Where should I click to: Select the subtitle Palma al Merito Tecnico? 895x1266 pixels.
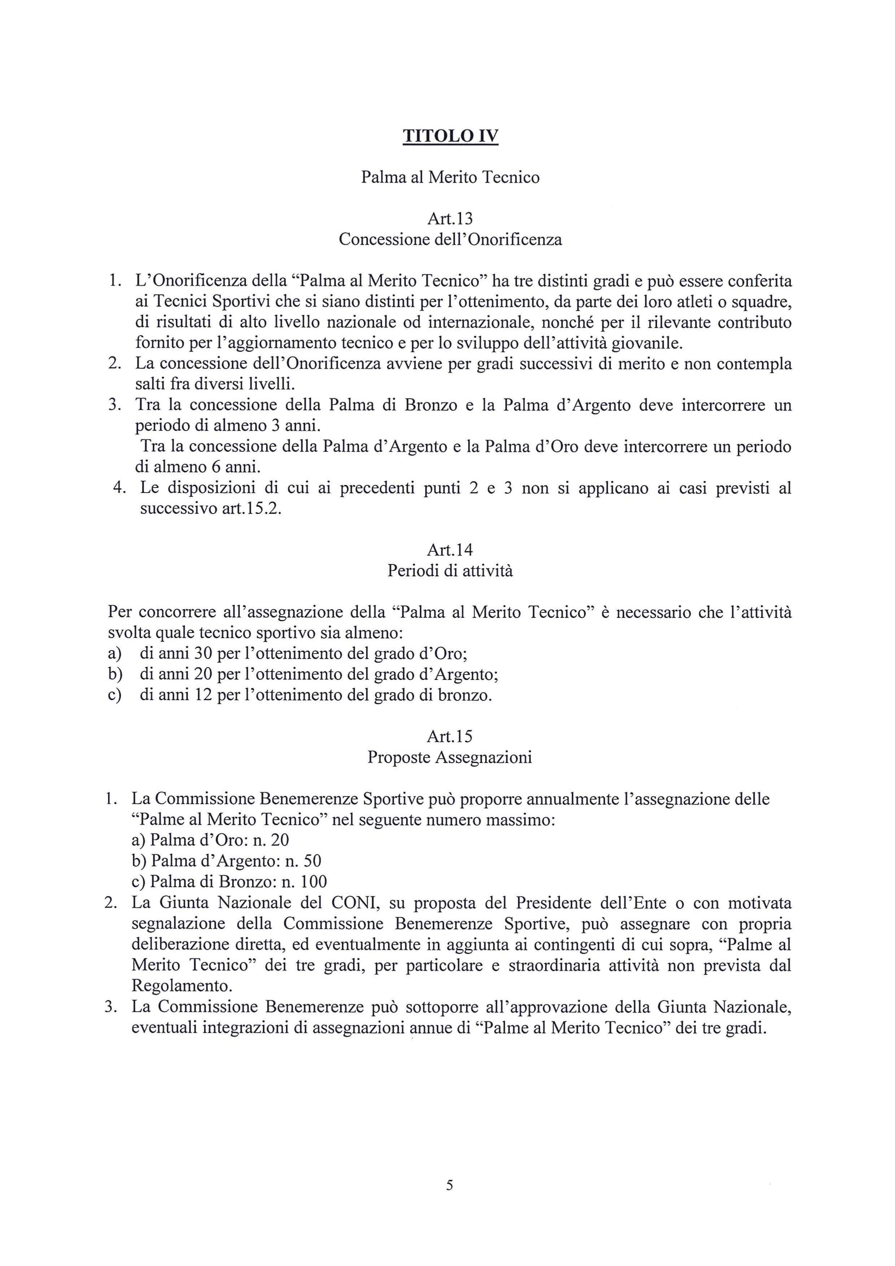click(450, 178)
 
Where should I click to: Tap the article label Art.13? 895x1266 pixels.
click(450, 219)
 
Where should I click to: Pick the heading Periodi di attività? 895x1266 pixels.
click(450, 571)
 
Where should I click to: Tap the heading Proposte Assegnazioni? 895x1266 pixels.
click(450, 757)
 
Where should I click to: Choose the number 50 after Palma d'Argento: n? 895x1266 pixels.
click(312, 861)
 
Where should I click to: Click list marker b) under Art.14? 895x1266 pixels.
click(115, 675)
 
